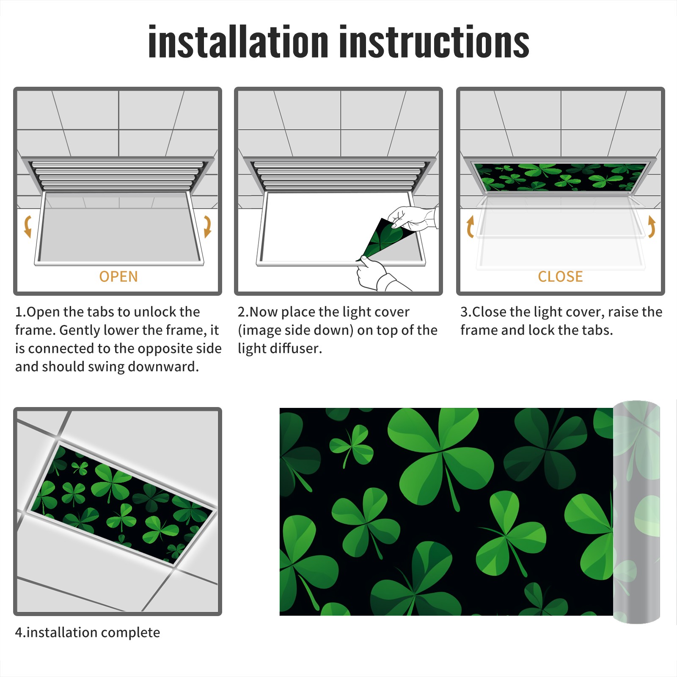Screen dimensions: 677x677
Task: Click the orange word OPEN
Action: (x=118, y=276)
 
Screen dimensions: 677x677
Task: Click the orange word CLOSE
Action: (x=560, y=276)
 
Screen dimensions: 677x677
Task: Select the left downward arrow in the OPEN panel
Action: (x=28, y=226)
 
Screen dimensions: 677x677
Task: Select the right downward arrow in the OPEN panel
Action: (x=207, y=226)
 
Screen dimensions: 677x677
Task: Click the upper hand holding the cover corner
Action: (x=413, y=218)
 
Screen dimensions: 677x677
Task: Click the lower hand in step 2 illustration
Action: (x=379, y=275)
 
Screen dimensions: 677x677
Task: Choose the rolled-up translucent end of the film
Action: (x=636, y=512)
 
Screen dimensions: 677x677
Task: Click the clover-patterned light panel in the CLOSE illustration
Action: (x=560, y=177)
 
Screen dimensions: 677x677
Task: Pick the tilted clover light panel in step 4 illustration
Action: (x=121, y=504)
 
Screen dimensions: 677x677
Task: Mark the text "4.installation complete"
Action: (x=88, y=633)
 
